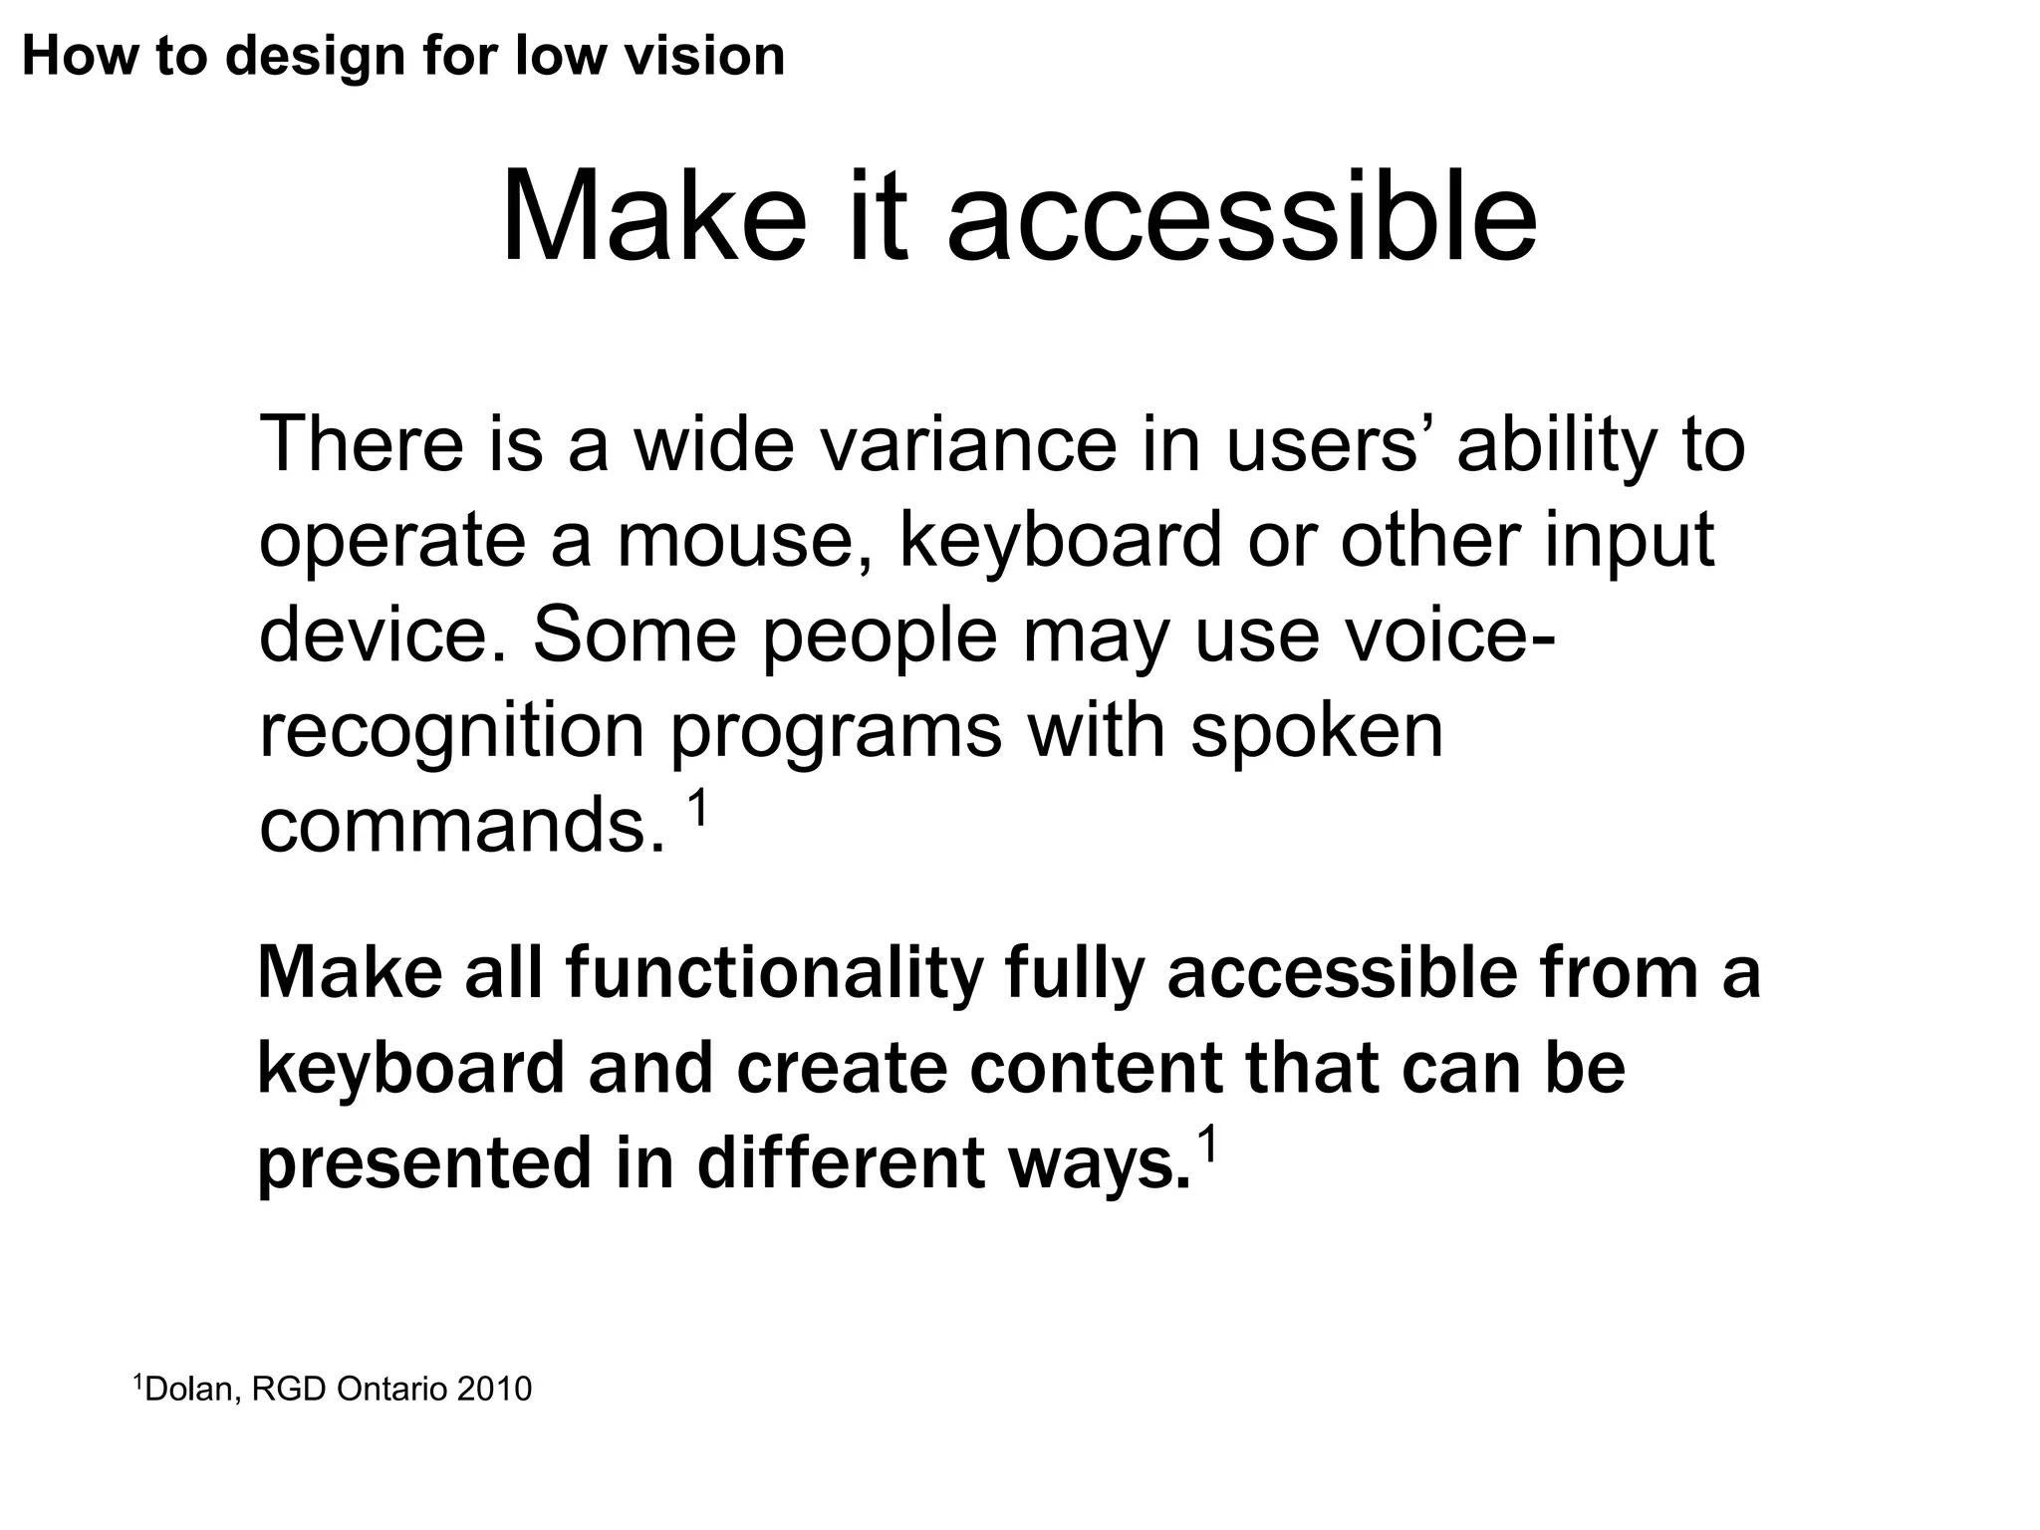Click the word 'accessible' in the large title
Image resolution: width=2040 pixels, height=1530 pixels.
pos(1241,217)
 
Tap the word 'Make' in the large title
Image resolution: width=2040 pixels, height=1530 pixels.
pos(653,217)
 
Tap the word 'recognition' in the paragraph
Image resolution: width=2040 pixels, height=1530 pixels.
pos(451,732)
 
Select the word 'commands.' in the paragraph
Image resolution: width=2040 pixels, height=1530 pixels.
pos(461,826)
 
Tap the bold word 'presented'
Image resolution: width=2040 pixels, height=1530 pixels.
pos(425,1164)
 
